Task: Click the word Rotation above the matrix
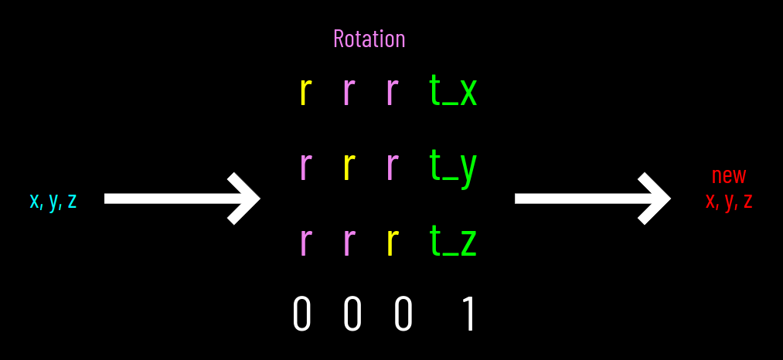coord(369,39)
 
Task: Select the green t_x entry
coord(453,91)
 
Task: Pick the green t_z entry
coord(453,242)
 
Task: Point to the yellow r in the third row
coord(392,242)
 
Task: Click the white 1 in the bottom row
coord(467,315)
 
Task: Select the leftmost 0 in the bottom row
coord(302,315)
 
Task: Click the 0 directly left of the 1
coord(403,315)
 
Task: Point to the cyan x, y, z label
coord(53,200)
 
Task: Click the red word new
coord(729,175)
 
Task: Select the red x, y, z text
coord(729,201)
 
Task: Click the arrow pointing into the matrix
coord(182,199)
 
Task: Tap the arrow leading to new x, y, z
coord(592,199)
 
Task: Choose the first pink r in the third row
coord(305,242)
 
